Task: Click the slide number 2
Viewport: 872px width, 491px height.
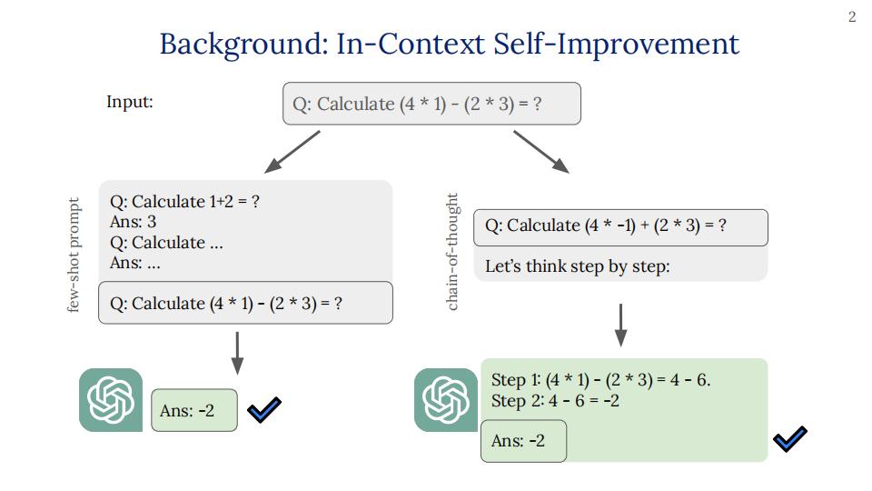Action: [851, 17]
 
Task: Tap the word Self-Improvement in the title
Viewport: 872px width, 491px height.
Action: [616, 43]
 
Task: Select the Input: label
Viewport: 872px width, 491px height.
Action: [130, 102]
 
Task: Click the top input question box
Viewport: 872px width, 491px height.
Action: [431, 104]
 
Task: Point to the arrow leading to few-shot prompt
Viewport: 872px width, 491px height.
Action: [292, 152]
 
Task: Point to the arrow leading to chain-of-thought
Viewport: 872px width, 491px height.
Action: [541, 152]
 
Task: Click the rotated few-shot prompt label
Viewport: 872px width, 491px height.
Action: [74, 255]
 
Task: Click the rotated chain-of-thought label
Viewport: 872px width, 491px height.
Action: [452, 252]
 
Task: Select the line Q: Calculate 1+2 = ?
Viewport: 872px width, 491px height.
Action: [184, 201]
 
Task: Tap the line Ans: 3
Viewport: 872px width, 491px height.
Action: [133, 222]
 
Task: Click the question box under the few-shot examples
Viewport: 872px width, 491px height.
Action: [245, 303]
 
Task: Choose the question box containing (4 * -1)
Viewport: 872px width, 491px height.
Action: [620, 227]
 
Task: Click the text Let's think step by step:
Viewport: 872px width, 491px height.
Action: [578, 266]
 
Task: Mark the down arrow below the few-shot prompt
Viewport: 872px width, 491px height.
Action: [237, 354]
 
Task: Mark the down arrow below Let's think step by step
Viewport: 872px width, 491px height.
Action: [620, 326]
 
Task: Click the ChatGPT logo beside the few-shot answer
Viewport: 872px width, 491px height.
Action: [111, 400]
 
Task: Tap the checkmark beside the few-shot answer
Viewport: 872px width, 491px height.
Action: [264, 410]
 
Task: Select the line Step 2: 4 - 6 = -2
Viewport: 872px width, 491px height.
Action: [555, 401]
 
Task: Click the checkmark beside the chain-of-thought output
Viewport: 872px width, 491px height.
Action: [789, 438]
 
